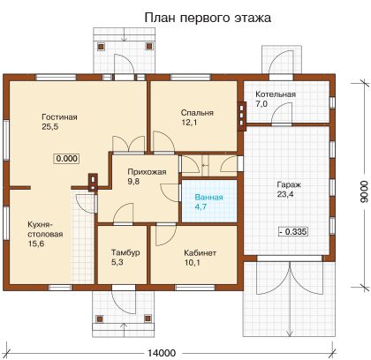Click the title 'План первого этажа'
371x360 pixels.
208,18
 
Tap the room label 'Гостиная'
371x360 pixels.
59,117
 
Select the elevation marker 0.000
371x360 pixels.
67,159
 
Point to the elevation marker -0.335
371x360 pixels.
293,232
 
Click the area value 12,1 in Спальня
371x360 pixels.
189,123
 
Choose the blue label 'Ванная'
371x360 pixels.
208,197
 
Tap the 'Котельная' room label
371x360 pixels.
276,94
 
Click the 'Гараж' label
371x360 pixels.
289,185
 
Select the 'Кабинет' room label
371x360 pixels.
201,253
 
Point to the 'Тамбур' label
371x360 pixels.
125,252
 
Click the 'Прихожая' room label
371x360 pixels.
147,172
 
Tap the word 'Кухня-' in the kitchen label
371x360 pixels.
40,225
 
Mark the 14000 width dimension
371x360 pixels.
162,353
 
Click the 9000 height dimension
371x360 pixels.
364,191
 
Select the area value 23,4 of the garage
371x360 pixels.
285,194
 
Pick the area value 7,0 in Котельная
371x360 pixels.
261,104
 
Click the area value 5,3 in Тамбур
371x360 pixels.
117,262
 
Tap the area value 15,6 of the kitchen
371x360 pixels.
36,244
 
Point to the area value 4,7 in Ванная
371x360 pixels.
201,206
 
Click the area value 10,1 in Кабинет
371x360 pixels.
193,262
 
